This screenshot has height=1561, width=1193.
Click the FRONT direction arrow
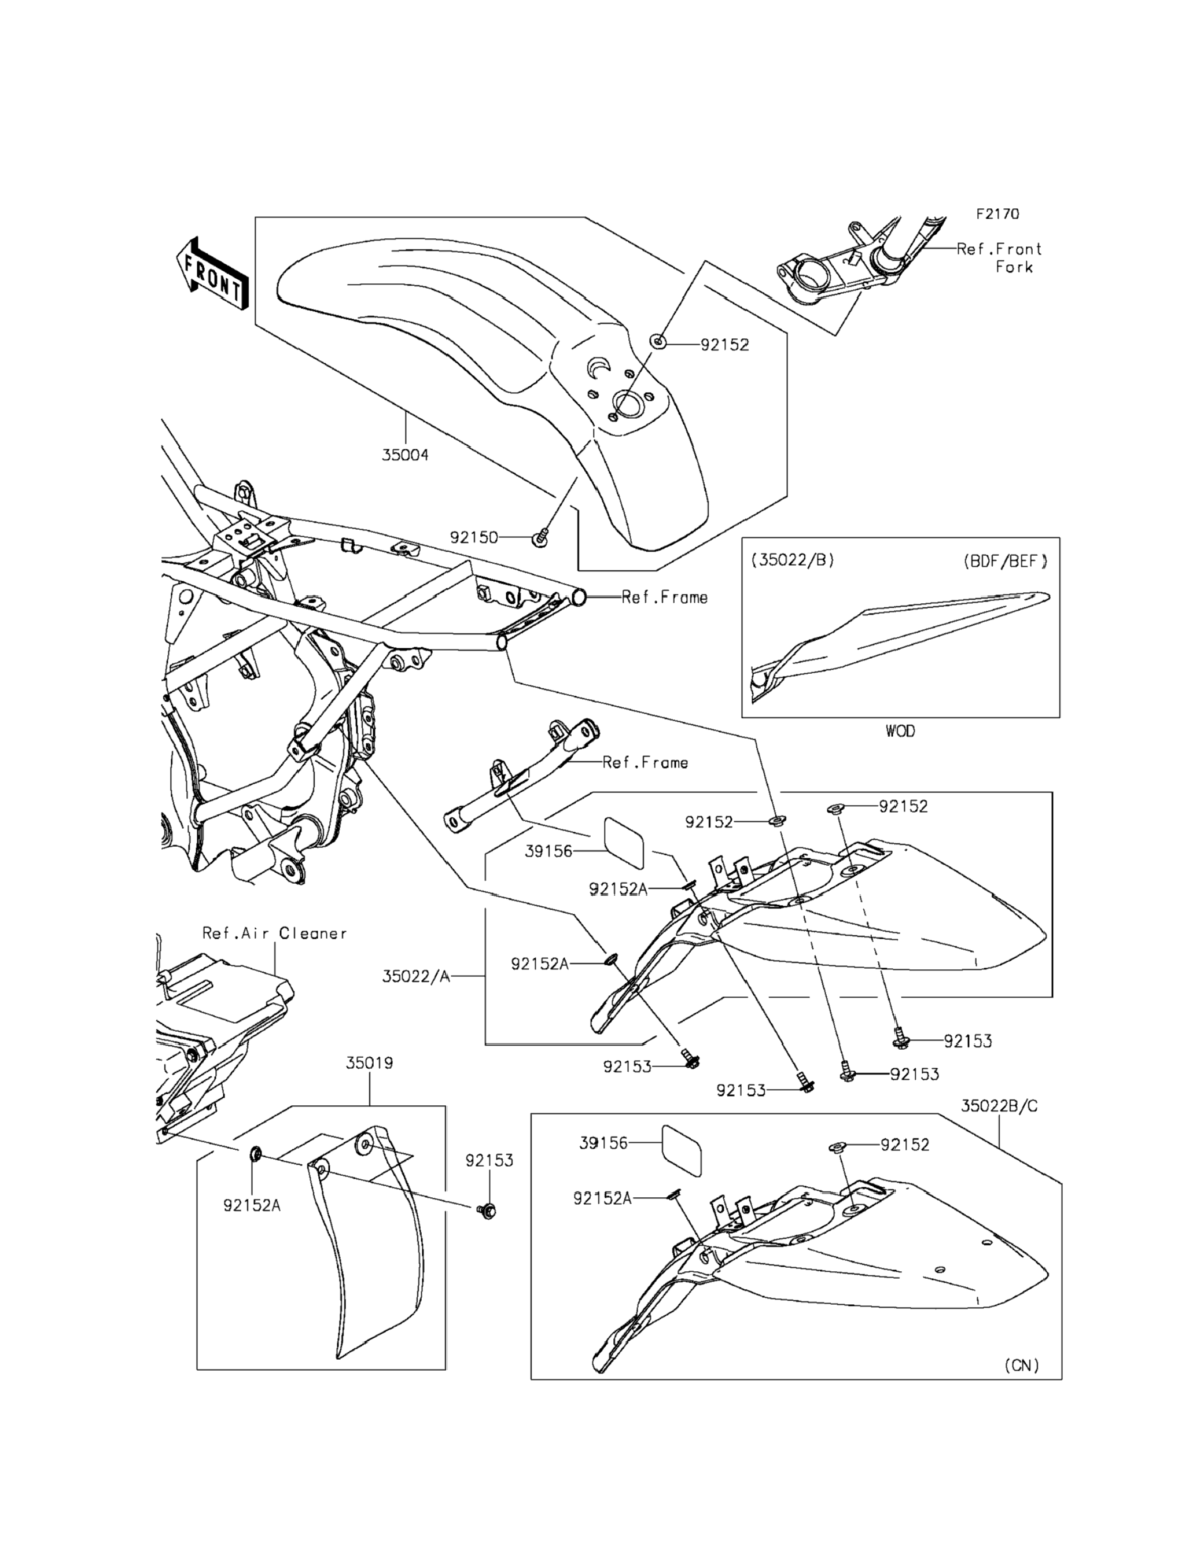(212, 274)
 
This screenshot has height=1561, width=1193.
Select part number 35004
(405, 455)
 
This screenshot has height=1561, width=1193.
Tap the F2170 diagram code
(997, 213)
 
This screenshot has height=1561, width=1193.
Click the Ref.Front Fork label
(1000, 258)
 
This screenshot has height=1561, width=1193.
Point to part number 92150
(474, 537)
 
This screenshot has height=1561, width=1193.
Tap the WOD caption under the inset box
(900, 731)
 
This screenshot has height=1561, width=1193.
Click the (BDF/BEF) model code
(1005, 561)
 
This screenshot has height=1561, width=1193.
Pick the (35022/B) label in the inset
(793, 559)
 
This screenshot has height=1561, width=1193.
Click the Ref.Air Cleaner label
(274, 933)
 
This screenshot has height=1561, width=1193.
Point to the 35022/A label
(416, 977)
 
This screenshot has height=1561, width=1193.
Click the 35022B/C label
(999, 1106)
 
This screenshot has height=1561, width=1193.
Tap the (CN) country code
(1021, 1365)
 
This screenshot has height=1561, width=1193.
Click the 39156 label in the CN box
(603, 1143)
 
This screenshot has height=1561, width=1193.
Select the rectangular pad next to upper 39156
(624, 843)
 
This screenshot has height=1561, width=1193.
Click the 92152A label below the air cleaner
(251, 1205)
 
